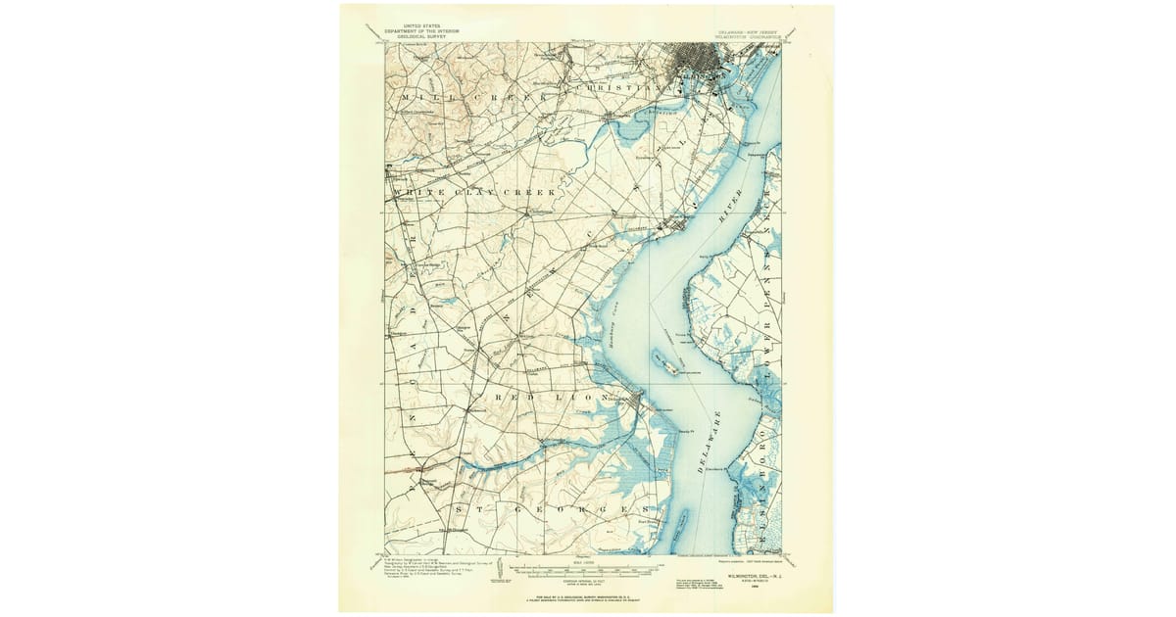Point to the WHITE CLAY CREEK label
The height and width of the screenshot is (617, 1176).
[474, 193]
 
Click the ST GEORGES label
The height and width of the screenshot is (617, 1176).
[568, 510]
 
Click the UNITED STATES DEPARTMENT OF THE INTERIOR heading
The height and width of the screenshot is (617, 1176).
[421, 31]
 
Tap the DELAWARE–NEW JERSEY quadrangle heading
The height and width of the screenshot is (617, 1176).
[750, 30]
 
